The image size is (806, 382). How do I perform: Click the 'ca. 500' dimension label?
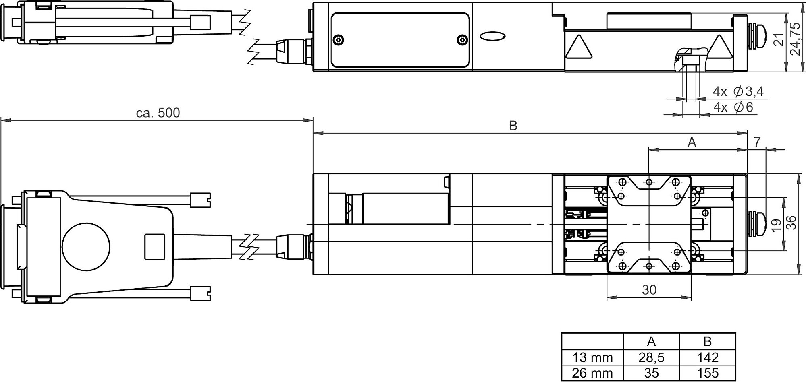pos(158,113)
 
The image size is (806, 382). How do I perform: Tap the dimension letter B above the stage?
pos(513,126)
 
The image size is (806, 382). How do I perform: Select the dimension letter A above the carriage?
pos(692,142)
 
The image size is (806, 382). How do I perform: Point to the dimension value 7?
pos(757,142)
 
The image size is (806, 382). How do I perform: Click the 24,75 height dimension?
pos(795,39)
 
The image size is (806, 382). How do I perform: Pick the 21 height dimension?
pos(780,40)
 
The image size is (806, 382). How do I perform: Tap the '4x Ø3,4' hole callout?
pos(738,92)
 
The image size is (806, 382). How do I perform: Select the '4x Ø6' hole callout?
pos(733,107)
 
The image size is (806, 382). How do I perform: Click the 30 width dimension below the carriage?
pos(649,290)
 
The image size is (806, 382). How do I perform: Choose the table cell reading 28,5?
pos(651,357)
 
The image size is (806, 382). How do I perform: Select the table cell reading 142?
pos(708,357)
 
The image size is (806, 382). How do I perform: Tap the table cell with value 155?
pos(708,373)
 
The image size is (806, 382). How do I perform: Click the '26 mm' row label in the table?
pos(592,373)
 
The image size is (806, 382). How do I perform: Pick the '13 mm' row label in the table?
pos(592,357)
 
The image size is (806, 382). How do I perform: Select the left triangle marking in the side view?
pos(579,47)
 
